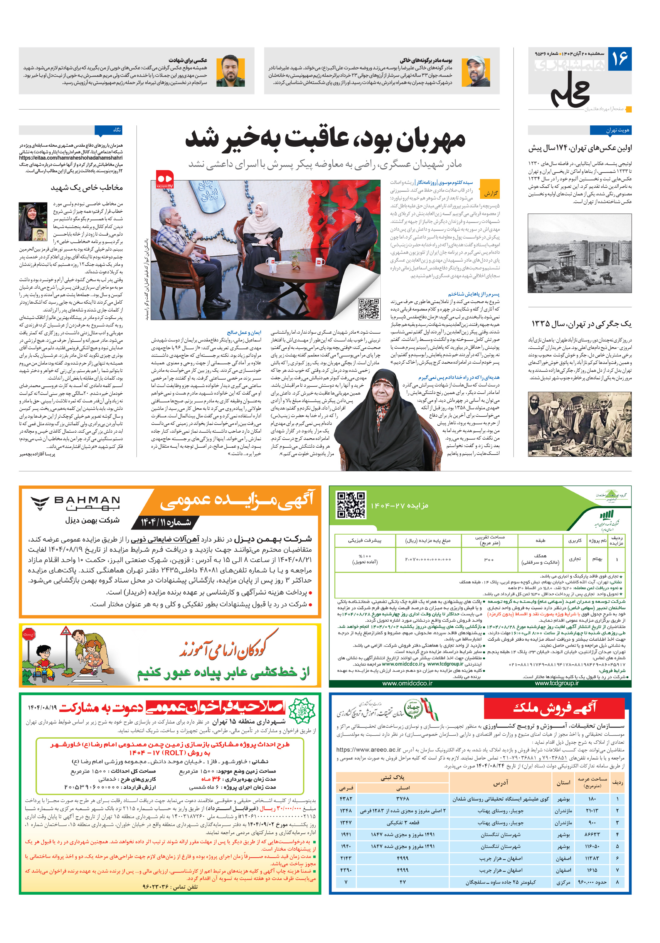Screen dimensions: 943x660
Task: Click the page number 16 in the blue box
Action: [620, 59]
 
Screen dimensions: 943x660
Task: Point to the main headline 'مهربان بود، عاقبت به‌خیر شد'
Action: [325, 140]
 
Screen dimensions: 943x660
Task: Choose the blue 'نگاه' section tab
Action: [109, 130]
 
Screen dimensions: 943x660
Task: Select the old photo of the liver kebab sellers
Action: [580, 424]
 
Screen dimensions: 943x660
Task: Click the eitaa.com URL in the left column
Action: [70, 158]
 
